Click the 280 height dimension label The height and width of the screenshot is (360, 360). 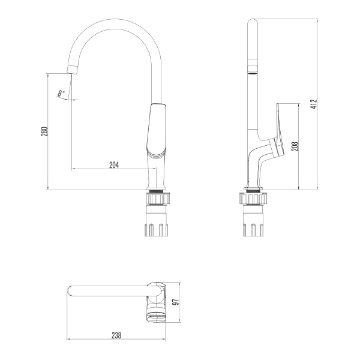tap(44, 131)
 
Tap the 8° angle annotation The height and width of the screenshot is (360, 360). tap(61, 93)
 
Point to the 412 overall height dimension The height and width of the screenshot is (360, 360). tap(313, 104)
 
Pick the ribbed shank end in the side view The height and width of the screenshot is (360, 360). tap(253, 229)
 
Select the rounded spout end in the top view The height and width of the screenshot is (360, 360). tap(71, 292)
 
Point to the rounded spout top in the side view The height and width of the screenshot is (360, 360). tap(253, 25)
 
